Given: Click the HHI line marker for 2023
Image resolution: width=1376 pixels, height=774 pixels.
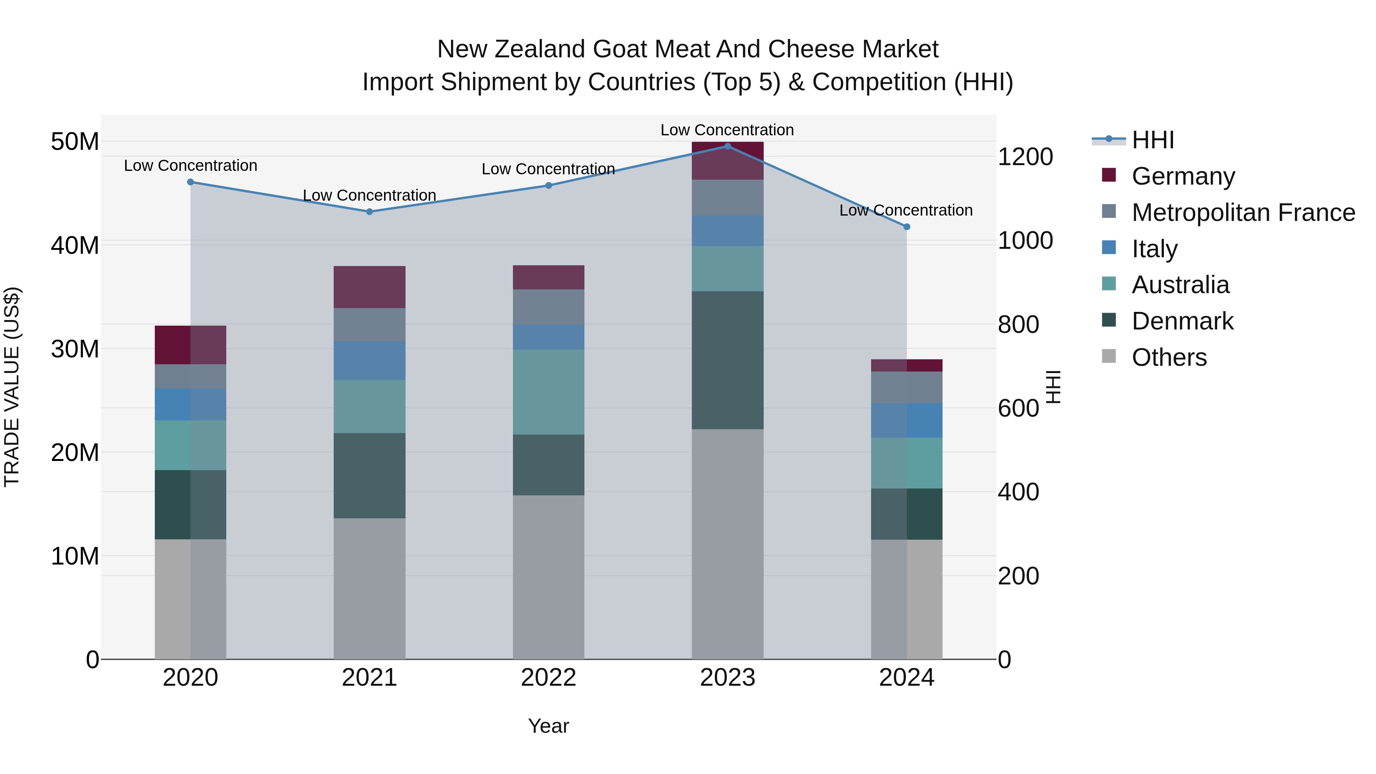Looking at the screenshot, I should [x=727, y=146].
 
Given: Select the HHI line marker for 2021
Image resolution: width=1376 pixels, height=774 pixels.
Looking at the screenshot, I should [x=369, y=211].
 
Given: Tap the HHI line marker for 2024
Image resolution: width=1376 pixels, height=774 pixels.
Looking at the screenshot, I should [x=907, y=227].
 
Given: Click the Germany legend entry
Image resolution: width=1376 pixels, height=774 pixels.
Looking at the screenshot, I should [x=1183, y=176].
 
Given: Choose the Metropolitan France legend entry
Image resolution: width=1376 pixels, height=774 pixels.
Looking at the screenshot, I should [x=1243, y=213].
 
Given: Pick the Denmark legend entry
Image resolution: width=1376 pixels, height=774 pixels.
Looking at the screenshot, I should [x=1182, y=321].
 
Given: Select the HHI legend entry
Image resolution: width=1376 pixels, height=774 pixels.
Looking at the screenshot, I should [x=1153, y=140].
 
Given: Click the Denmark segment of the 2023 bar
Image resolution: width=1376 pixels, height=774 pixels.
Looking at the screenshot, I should [x=727, y=360].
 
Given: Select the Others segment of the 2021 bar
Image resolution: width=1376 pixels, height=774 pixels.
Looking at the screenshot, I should [x=369, y=589].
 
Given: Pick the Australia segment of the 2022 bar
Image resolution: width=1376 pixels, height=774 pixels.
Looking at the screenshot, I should [x=548, y=392].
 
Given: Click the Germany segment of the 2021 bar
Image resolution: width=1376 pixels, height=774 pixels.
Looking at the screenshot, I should [x=369, y=287].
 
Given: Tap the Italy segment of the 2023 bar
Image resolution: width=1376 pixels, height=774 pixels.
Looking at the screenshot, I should [x=727, y=231].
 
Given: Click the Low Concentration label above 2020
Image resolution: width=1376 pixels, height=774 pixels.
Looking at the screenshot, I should [x=190, y=166].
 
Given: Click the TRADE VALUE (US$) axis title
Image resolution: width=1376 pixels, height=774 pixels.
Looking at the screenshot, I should [x=12, y=387].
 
